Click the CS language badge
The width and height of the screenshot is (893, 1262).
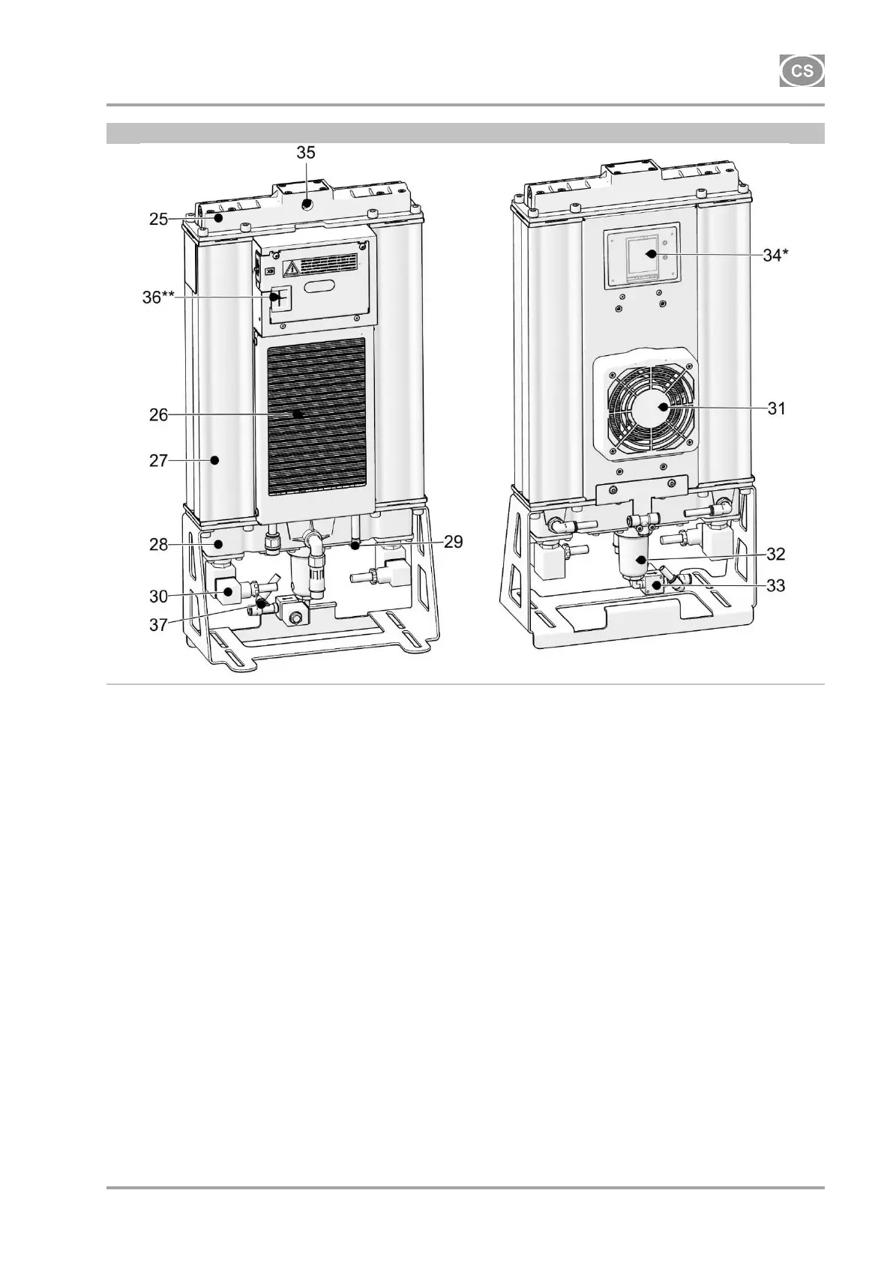pyautogui.click(x=802, y=71)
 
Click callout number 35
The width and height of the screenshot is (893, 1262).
pyautogui.click(x=306, y=152)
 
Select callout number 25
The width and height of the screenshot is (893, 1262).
pyautogui.click(x=158, y=220)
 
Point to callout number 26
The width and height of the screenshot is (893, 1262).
pyautogui.click(x=158, y=414)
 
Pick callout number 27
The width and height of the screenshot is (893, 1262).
pyautogui.click(x=158, y=460)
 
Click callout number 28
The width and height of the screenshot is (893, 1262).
pyautogui.click(x=158, y=544)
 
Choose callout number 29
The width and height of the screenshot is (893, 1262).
pyautogui.click(x=453, y=542)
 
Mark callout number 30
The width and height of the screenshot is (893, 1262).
pyautogui.click(x=158, y=596)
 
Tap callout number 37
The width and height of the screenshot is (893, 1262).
pyautogui.click(x=158, y=624)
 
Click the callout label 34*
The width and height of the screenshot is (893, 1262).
pyautogui.click(x=776, y=256)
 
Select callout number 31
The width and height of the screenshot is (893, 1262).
pyautogui.click(x=776, y=408)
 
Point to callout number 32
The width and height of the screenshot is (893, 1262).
pyautogui.click(x=776, y=554)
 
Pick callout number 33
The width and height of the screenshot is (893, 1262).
pyautogui.click(x=776, y=585)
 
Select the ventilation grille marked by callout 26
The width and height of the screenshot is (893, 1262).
pyautogui.click(x=316, y=416)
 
